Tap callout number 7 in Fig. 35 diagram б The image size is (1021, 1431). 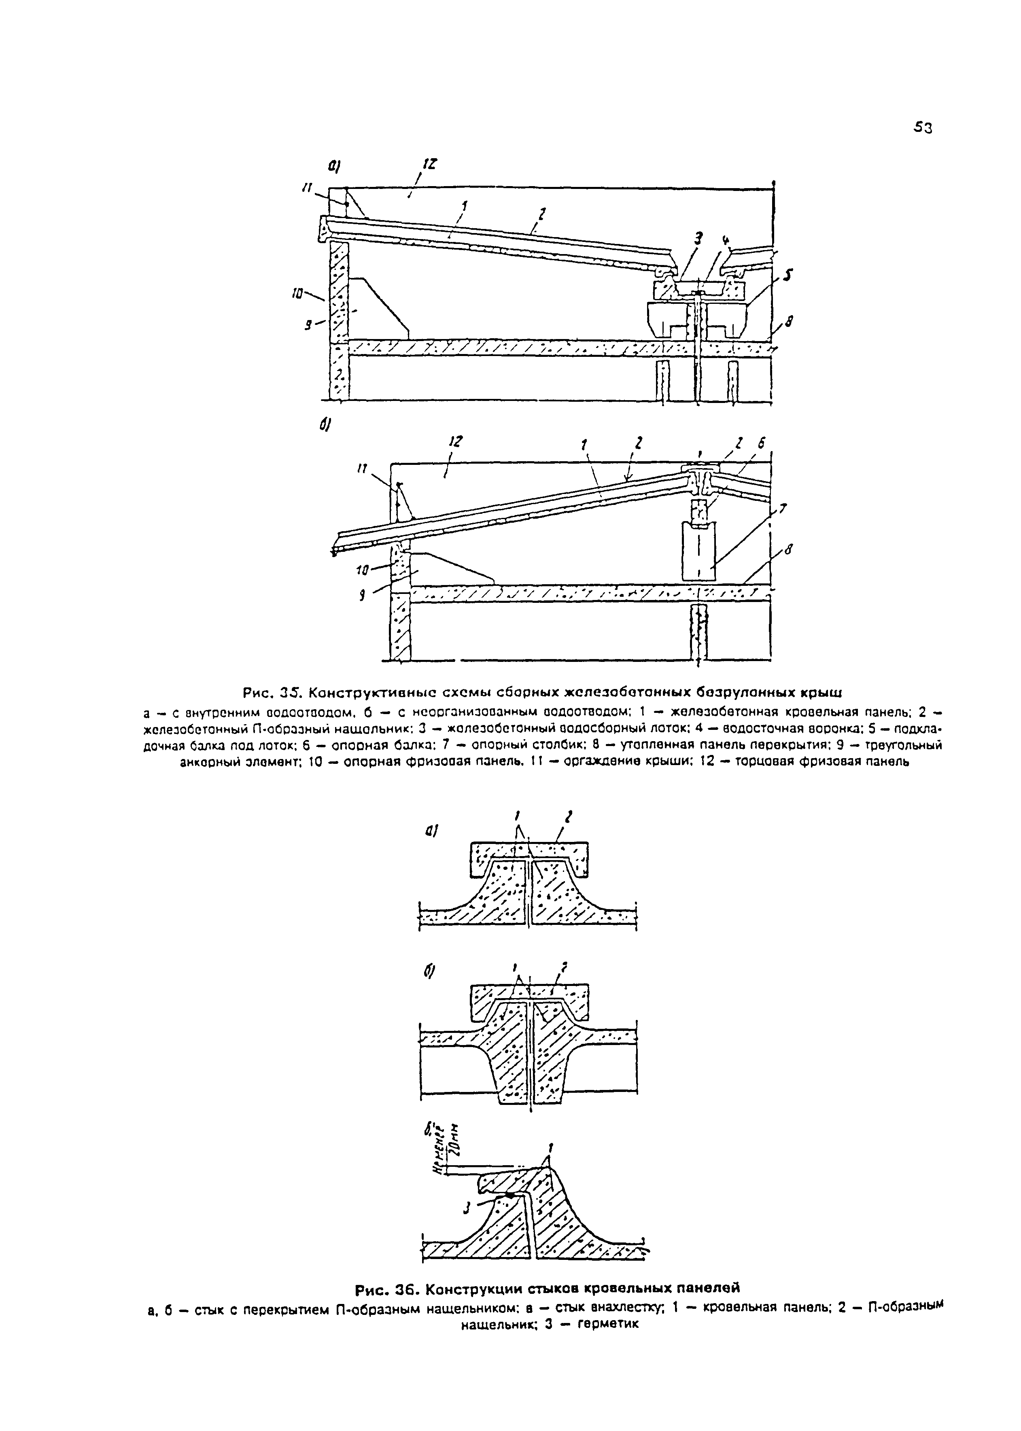click(783, 509)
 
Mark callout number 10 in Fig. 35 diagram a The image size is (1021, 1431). click(299, 293)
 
